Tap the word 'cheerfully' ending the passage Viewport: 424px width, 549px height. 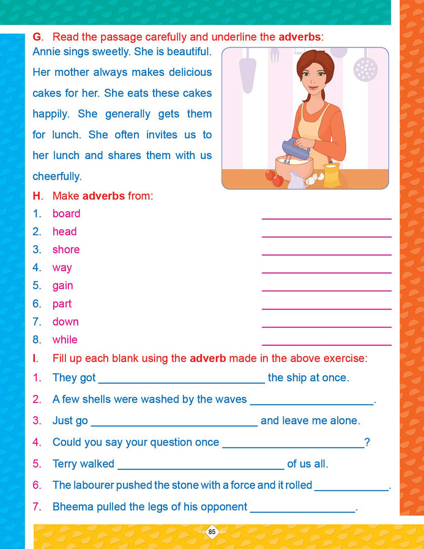(56, 176)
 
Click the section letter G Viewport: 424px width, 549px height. (37, 37)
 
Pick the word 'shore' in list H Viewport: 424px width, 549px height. (66, 250)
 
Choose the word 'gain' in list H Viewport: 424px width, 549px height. (62, 286)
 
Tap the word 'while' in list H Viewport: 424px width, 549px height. (65, 340)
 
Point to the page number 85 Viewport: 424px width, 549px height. (212, 532)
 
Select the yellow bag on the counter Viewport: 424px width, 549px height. (332, 177)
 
